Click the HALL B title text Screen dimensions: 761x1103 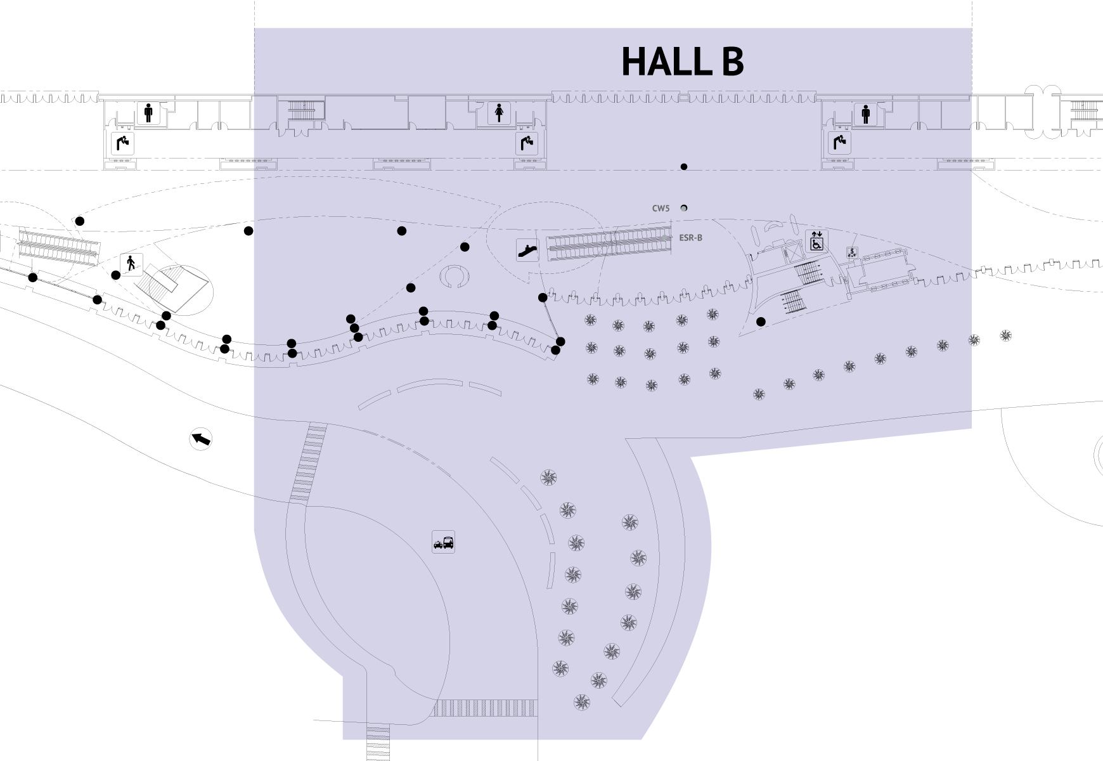click(x=682, y=62)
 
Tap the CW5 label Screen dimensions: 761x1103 click(x=661, y=208)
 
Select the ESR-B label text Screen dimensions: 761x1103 click(x=690, y=238)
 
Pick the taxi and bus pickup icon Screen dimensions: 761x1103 click(x=443, y=542)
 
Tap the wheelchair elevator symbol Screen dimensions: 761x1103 click(x=816, y=241)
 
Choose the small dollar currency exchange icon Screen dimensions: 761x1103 click(x=852, y=252)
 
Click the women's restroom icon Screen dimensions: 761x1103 click(x=500, y=114)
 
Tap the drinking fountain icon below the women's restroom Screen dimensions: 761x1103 click(x=527, y=143)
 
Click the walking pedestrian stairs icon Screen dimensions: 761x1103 click(x=131, y=263)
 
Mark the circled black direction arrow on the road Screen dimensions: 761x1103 click(x=201, y=439)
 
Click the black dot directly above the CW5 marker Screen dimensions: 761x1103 click(x=684, y=167)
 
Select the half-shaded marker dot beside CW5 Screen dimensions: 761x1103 click(x=684, y=208)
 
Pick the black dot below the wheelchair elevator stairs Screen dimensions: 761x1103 click(x=761, y=322)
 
